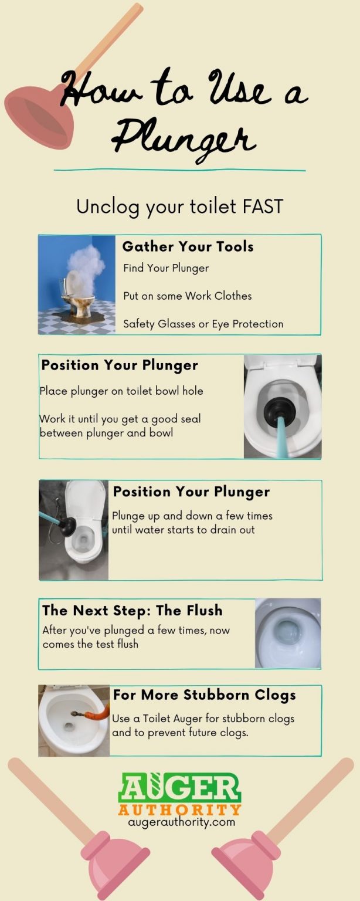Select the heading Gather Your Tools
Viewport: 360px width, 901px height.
coord(188,246)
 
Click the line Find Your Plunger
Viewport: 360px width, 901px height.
coord(166,268)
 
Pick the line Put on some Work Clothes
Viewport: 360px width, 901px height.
coord(187,296)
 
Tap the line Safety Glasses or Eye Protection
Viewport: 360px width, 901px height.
coord(203,324)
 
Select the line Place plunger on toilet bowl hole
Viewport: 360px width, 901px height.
coord(121,391)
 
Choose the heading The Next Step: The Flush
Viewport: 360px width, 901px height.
coord(133,611)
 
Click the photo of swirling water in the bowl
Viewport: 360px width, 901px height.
coord(288,633)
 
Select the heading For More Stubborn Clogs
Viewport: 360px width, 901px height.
coord(204,695)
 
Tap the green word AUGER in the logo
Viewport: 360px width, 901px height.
coord(179,788)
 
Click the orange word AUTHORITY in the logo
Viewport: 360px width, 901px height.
coord(179,809)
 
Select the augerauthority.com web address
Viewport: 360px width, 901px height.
coord(181,822)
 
